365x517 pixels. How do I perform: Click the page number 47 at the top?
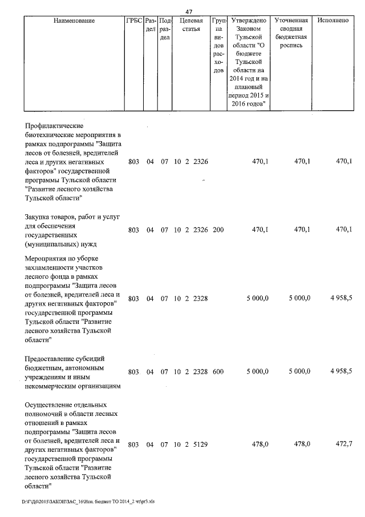click(189, 11)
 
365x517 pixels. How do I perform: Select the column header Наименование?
click(74, 21)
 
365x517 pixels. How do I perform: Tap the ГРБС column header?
click(133, 21)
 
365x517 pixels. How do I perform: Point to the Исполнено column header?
click(334, 21)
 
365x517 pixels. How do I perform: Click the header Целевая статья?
click(191, 25)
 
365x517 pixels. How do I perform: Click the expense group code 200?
click(217, 230)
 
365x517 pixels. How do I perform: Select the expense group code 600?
click(217, 371)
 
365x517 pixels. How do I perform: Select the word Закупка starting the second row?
click(39, 217)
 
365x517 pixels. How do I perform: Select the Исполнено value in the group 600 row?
click(340, 371)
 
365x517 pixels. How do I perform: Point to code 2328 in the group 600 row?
click(200, 371)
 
